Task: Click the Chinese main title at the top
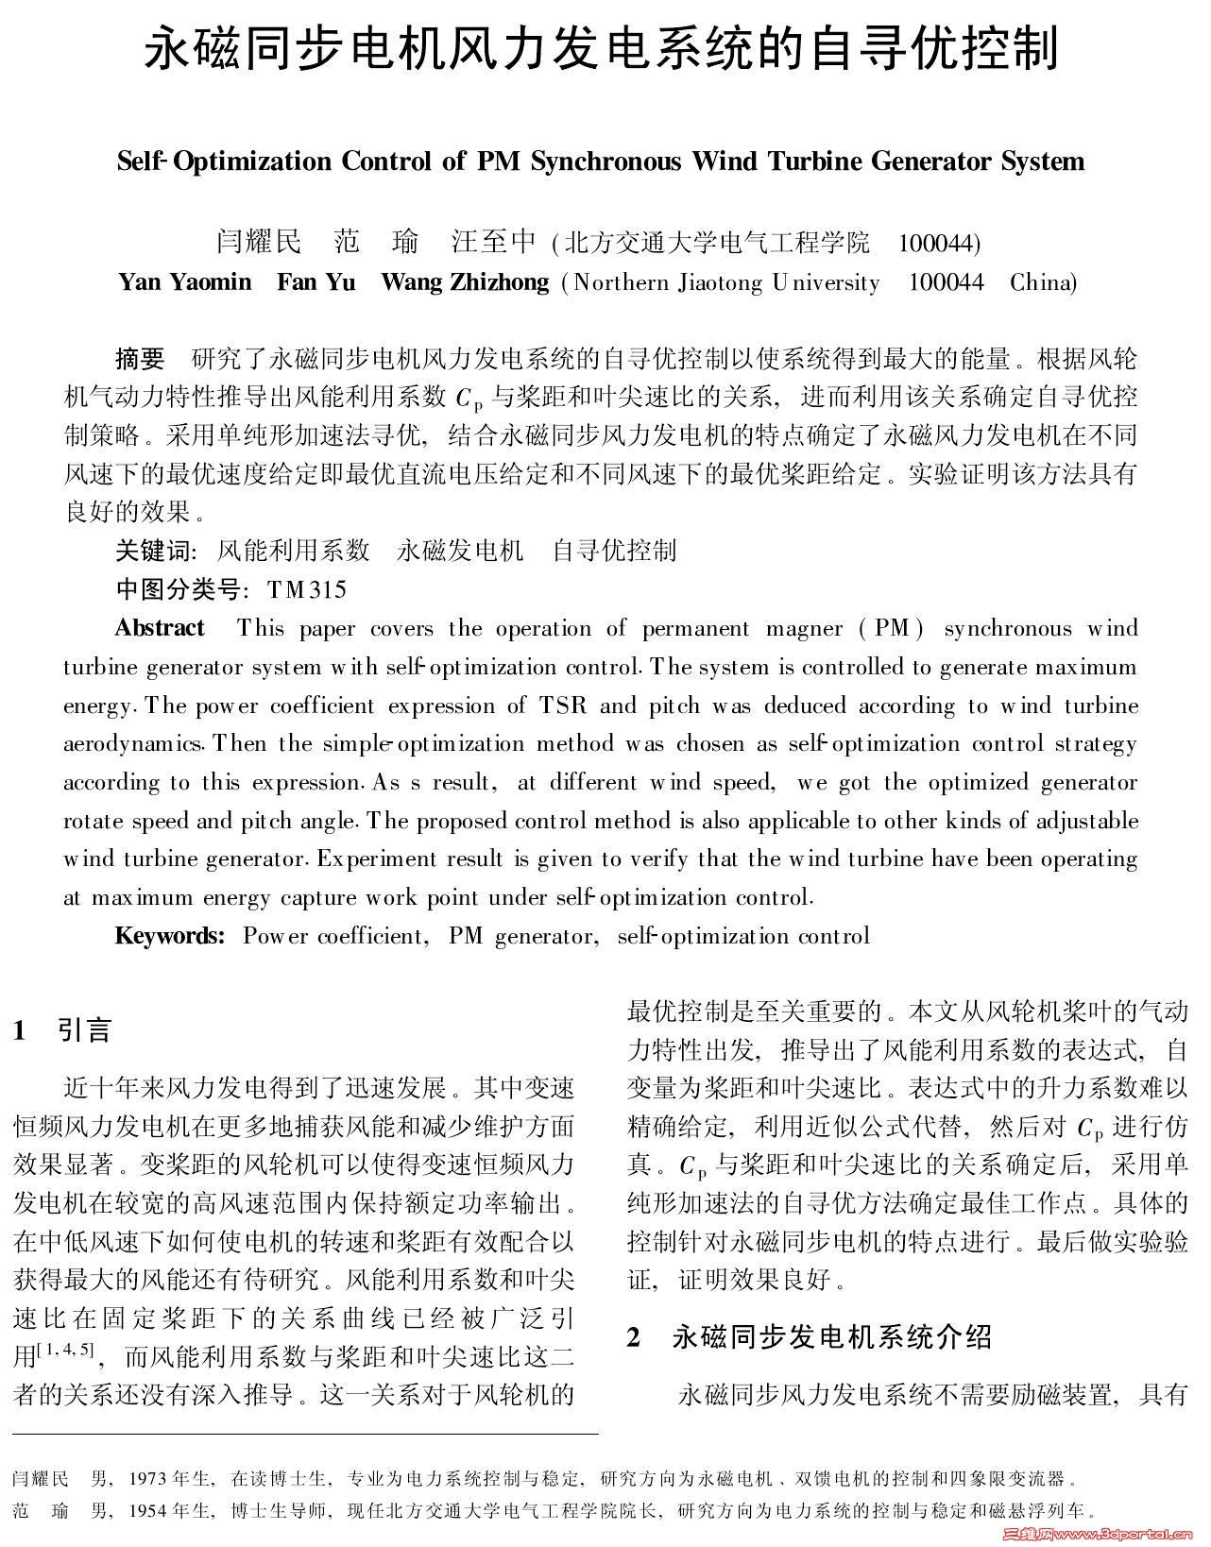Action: click(x=602, y=49)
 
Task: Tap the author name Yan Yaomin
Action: click(x=185, y=282)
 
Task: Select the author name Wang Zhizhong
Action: click(x=464, y=282)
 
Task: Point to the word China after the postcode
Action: click(x=1043, y=282)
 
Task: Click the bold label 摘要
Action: click(x=140, y=359)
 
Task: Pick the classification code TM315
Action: click(x=307, y=590)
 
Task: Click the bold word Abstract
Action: click(x=160, y=629)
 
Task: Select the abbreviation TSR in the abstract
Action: click(x=563, y=706)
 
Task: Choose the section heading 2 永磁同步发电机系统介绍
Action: click(x=810, y=1336)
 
